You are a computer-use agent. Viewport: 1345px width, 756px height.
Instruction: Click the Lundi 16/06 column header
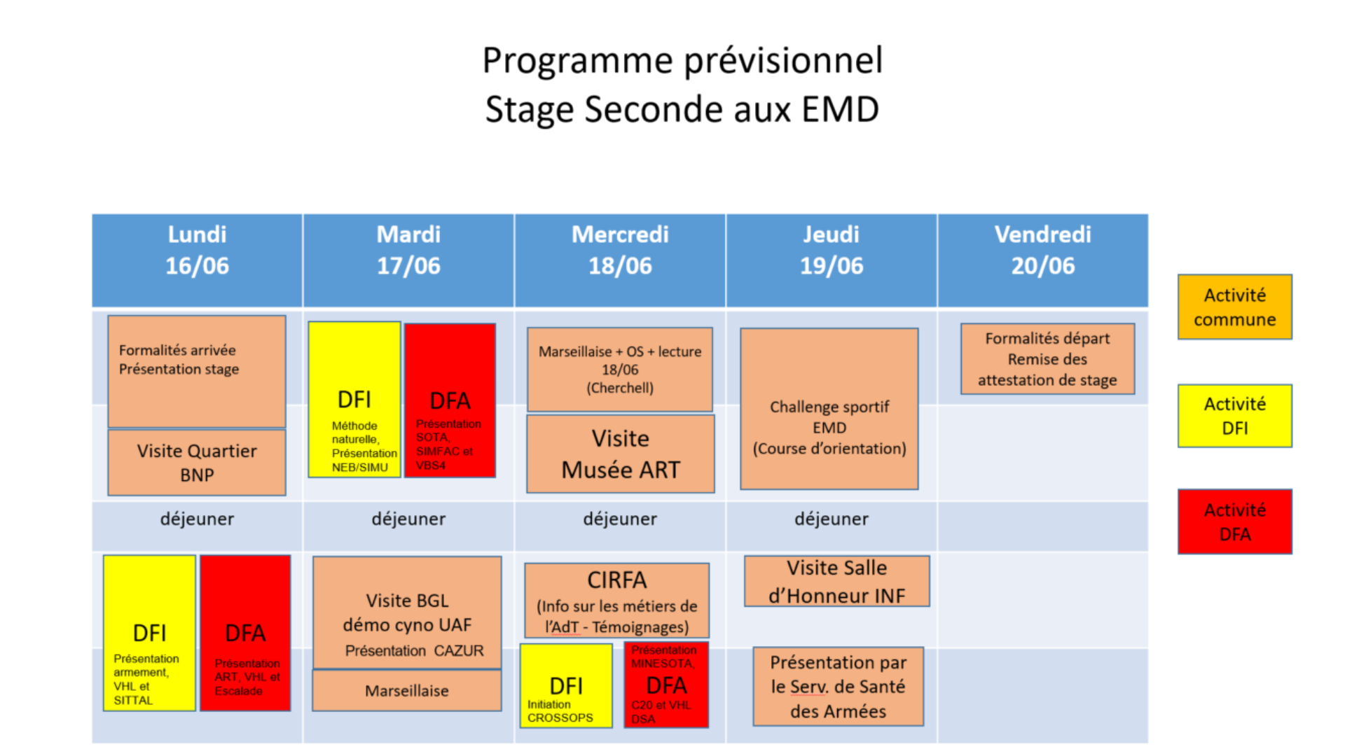pyautogui.click(x=197, y=260)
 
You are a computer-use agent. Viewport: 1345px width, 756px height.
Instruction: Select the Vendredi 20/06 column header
pyautogui.click(x=1042, y=260)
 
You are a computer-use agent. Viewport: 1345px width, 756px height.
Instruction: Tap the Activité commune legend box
pyautogui.click(x=1234, y=307)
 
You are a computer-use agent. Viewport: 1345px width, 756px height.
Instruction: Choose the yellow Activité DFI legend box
pyautogui.click(x=1234, y=416)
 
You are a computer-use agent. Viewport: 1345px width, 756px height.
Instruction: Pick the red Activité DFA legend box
pyautogui.click(x=1234, y=521)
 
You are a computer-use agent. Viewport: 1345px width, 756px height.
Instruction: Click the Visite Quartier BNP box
pyautogui.click(x=197, y=463)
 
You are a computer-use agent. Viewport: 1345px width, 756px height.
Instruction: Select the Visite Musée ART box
pyautogui.click(x=621, y=454)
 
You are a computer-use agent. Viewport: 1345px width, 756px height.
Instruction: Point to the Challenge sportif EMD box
pyautogui.click(x=829, y=409)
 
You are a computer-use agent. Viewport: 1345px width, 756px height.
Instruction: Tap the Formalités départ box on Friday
pyautogui.click(x=1047, y=359)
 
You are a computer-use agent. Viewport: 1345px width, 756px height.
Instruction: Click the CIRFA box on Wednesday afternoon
pyautogui.click(x=617, y=601)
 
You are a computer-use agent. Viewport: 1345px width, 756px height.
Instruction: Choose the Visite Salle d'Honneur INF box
pyautogui.click(x=837, y=581)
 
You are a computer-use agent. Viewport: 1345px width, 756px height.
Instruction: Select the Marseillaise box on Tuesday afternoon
pyautogui.click(x=407, y=691)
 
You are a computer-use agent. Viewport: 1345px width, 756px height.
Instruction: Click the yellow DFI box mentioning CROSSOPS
pyautogui.click(x=566, y=686)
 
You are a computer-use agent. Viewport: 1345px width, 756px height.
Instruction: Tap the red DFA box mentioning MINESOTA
pyautogui.click(x=666, y=685)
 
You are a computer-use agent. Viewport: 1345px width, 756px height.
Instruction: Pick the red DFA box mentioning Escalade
pyautogui.click(x=245, y=633)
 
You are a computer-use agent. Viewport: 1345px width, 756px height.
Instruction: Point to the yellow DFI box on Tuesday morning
pyautogui.click(x=354, y=400)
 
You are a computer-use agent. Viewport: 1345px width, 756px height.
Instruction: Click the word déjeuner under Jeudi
pyautogui.click(x=832, y=519)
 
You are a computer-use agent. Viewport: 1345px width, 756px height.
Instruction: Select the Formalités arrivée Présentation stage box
pyautogui.click(x=197, y=372)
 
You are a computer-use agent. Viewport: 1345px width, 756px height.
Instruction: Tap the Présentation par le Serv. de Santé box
pyautogui.click(x=839, y=687)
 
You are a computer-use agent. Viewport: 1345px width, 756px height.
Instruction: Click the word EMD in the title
pyautogui.click(x=840, y=110)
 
